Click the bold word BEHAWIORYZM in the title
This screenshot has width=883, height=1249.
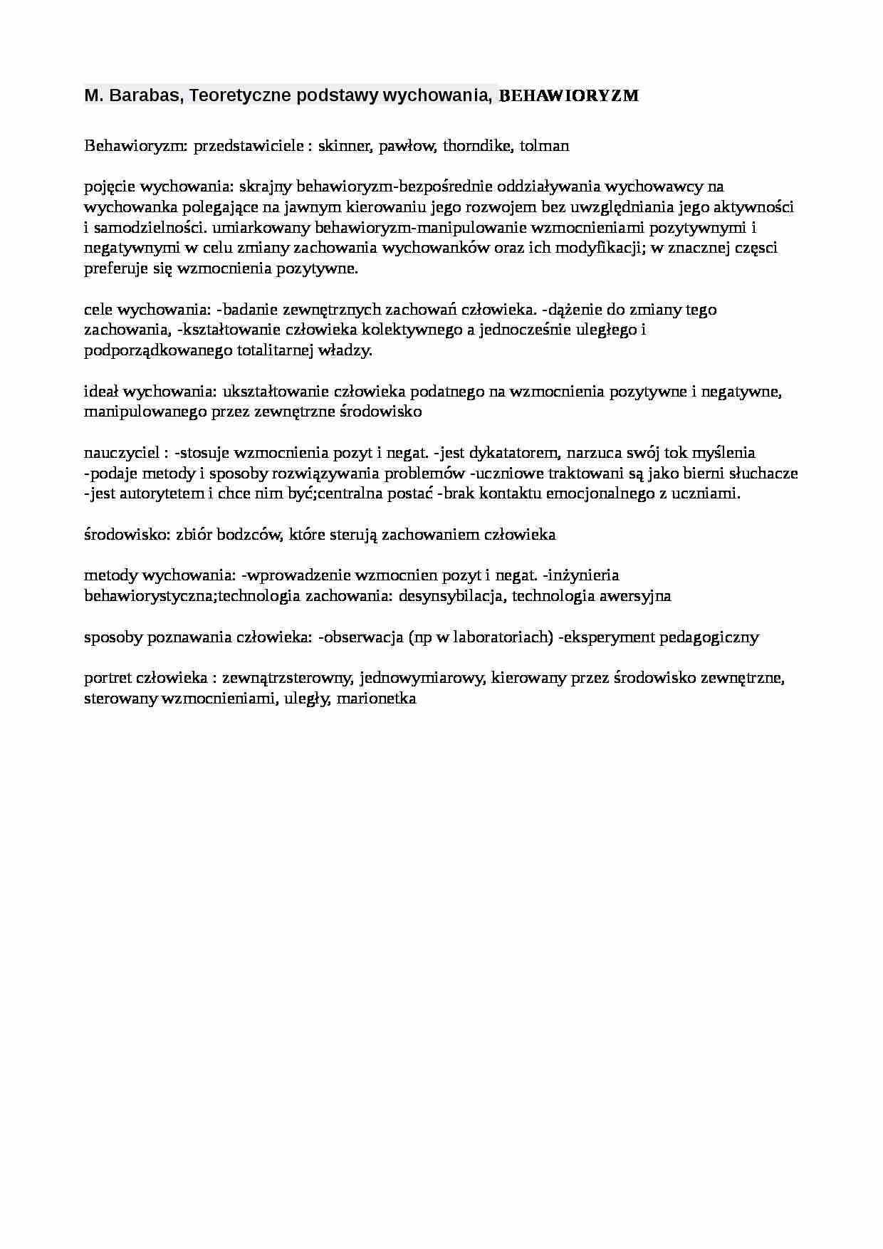569,95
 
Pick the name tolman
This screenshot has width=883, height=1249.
544,146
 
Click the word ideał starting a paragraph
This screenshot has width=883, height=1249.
102,392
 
